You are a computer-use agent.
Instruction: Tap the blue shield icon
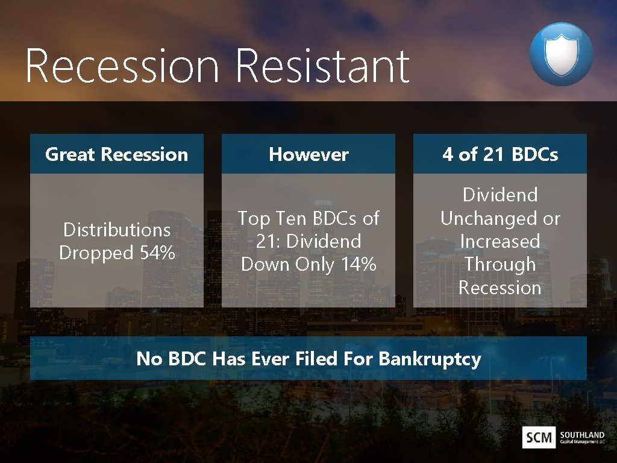(561, 54)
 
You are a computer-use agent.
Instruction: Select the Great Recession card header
(116, 154)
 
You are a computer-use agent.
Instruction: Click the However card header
(308, 154)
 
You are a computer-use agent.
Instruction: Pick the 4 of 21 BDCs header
(500, 154)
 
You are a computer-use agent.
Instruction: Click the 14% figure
(359, 264)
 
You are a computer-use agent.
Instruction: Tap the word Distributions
(117, 230)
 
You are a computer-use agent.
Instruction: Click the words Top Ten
(268, 218)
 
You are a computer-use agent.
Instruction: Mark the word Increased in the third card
(500, 241)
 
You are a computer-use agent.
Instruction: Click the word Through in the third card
(500, 264)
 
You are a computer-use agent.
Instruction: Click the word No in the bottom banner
(149, 359)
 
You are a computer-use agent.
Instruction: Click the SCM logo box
(539, 437)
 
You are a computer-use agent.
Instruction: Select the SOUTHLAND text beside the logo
(581, 434)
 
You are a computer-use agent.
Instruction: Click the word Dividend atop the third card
(500, 195)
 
